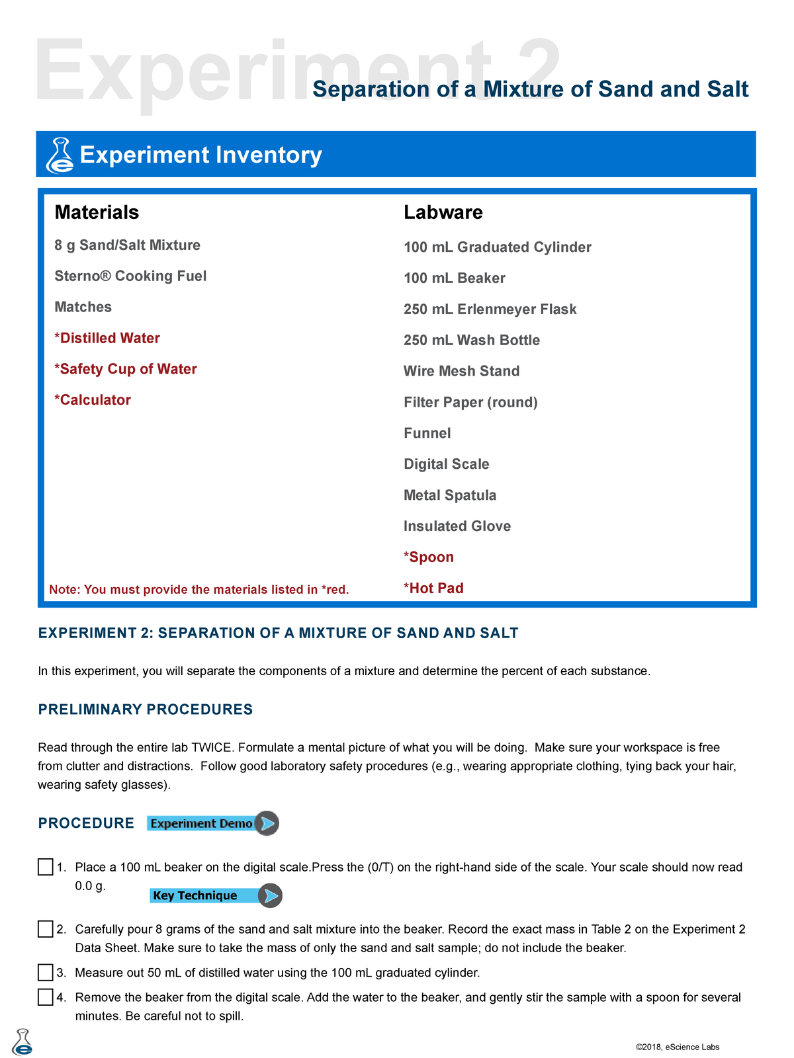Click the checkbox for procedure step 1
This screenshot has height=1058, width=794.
tap(45, 867)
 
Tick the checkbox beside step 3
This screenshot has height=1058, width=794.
tap(45, 973)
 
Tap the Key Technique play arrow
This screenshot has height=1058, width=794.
tap(270, 895)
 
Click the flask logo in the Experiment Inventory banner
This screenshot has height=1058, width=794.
tap(60, 155)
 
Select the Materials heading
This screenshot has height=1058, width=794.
tap(97, 212)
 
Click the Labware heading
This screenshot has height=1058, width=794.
tap(443, 212)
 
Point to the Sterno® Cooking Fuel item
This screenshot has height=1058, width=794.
tap(130, 276)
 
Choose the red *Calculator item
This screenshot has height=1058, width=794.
tap(93, 400)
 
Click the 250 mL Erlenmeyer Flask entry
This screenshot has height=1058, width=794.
tap(490, 309)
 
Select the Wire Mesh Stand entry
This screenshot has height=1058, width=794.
tap(461, 371)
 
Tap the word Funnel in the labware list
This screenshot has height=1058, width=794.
tap(427, 433)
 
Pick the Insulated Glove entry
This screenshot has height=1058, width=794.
tap(457, 526)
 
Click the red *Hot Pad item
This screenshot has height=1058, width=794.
tap(433, 589)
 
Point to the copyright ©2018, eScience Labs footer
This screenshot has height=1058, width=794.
tap(677, 1047)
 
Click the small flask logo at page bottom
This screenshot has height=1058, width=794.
tap(22, 1042)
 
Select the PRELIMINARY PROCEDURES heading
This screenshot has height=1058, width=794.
tap(146, 710)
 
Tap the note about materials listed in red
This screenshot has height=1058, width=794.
tap(198, 589)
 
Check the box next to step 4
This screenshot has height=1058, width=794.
tap(45, 997)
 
